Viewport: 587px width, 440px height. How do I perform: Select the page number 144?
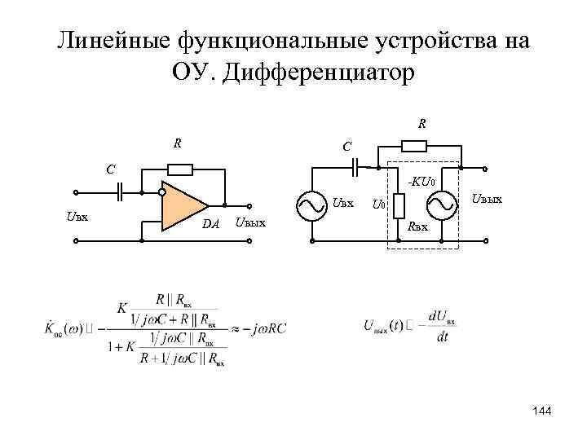point(541,411)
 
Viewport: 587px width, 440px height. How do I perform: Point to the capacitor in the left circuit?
point(121,193)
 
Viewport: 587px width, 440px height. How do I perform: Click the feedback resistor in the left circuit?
point(179,169)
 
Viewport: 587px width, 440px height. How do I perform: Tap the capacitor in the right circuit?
point(356,167)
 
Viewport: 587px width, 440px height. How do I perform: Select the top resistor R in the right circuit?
point(415,147)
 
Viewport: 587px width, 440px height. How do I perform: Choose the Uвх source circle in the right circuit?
point(313,207)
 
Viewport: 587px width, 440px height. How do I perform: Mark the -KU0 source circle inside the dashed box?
point(441,207)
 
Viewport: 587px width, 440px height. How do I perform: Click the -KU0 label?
point(424,182)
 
